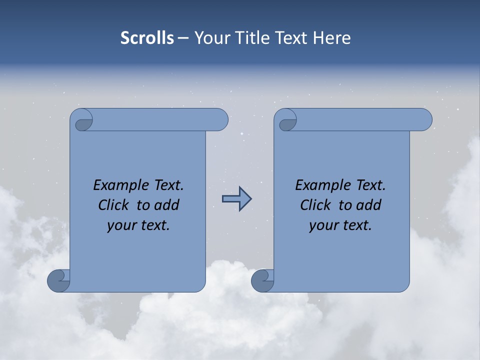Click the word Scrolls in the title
coord(147,38)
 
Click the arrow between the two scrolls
coord(236,199)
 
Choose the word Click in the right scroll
coord(315,205)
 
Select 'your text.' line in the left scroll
coord(138,225)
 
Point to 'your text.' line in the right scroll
coord(340,225)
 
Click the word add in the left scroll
coord(166,205)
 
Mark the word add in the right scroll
coord(368,205)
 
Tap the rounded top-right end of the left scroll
coord(220,120)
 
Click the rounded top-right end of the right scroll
coord(424,120)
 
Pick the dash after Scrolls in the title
coord(183,38)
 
